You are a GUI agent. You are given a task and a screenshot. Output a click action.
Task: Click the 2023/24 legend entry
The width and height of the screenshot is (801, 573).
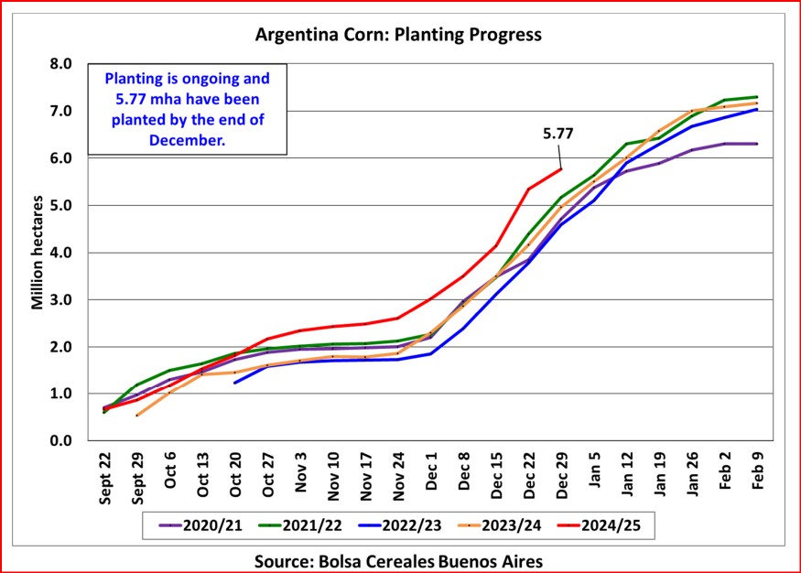tap(510, 525)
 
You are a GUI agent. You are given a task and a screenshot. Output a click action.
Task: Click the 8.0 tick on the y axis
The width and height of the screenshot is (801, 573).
tap(60, 64)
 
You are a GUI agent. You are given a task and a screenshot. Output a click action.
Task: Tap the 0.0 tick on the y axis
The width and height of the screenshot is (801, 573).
tap(60, 441)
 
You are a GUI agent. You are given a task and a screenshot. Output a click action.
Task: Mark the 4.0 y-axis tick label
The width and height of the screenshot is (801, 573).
tap(60, 253)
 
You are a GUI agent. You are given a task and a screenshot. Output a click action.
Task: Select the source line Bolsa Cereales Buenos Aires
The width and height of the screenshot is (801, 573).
tap(399, 557)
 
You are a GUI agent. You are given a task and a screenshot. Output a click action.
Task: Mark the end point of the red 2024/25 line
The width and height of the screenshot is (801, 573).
tap(560, 168)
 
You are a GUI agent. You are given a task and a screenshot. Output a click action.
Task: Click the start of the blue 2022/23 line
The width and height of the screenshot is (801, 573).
tap(235, 383)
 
